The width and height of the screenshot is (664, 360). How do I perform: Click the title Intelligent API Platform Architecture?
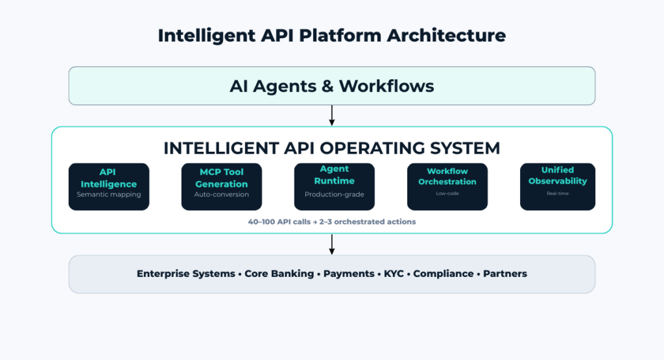click(331, 35)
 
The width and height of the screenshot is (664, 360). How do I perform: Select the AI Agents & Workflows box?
click(331, 86)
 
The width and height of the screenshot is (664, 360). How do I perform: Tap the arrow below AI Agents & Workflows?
click(332, 115)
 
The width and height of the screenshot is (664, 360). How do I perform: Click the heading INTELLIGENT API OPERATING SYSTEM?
click(331, 148)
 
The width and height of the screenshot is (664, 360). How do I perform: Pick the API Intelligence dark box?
click(109, 186)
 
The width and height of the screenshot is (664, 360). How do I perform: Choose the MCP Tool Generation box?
click(222, 186)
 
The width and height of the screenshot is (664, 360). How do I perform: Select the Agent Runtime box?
click(335, 186)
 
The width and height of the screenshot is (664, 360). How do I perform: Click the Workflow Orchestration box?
click(447, 186)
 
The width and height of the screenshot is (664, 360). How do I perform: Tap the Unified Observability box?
click(558, 186)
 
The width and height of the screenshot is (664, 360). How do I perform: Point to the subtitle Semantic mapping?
click(109, 195)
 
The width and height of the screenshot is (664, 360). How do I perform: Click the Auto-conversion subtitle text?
click(222, 195)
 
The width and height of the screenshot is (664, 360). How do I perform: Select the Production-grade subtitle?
click(335, 195)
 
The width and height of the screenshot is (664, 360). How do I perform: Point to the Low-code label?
click(447, 193)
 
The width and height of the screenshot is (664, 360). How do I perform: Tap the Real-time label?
click(558, 193)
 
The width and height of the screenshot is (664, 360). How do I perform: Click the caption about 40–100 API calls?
click(331, 222)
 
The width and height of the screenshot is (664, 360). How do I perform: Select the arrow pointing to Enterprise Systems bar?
click(332, 244)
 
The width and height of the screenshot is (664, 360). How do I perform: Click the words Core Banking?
click(279, 274)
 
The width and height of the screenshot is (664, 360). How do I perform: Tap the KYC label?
click(394, 274)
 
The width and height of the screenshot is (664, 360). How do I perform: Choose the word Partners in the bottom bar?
click(505, 274)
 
